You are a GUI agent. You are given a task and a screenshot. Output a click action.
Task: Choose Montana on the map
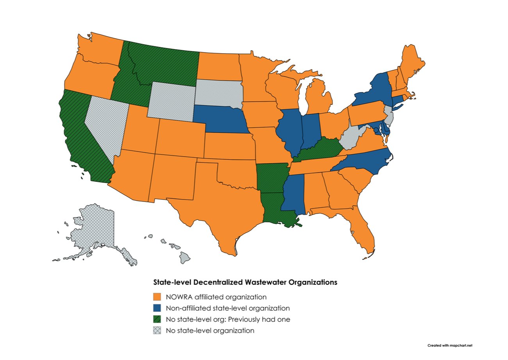[x=164, y=64]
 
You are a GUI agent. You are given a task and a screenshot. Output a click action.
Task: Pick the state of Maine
[x=410, y=62]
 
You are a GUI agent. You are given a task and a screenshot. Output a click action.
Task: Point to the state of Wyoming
[x=172, y=100]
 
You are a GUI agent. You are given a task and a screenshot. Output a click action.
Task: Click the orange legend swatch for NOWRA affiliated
[x=157, y=296]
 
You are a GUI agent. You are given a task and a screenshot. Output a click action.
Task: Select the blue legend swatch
[x=157, y=308]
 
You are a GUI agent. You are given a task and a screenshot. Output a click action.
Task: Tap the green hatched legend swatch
[x=157, y=319]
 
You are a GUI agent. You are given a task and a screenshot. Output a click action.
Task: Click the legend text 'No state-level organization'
[x=210, y=330]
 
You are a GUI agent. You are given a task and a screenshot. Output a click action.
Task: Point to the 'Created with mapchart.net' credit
[x=450, y=345]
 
